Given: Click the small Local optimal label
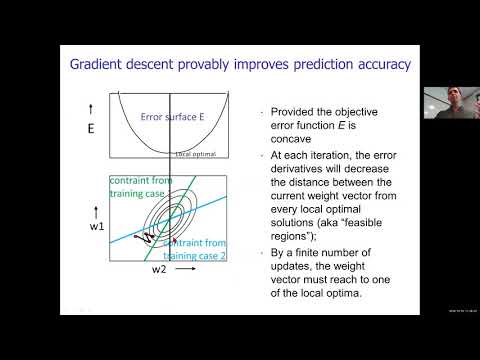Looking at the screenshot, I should [196, 154].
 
